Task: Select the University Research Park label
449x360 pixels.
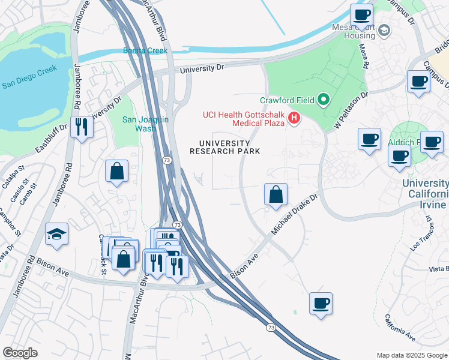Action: [x=225, y=147]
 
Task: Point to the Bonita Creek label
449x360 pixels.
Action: [x=145, y=50]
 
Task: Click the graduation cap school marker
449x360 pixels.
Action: [x=57, y=235]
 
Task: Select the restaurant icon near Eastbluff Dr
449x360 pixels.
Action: [x=81, y=127]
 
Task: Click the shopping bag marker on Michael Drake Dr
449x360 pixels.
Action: [x=276, y=194]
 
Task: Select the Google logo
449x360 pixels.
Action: [x=20, y=353]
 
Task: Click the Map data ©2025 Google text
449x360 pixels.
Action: [x=411, y=355]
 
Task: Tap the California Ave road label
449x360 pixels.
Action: [x=400, y=328]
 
